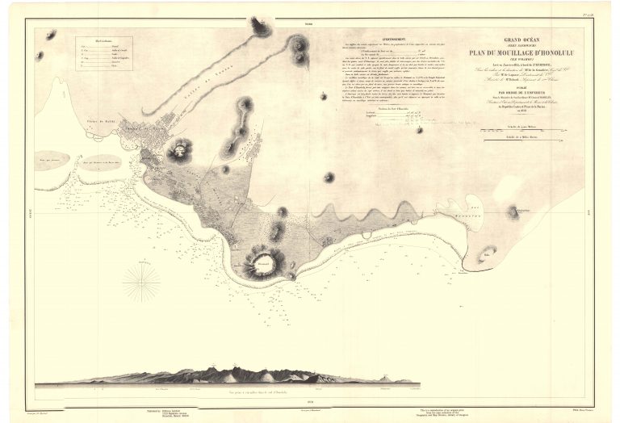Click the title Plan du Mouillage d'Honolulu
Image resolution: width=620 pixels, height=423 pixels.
tap(510, 54)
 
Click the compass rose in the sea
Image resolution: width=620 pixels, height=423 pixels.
tap(142, 283)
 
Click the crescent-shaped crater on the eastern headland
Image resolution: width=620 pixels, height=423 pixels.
tap(513, 212)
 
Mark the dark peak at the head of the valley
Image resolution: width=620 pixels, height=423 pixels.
tap(261, 27)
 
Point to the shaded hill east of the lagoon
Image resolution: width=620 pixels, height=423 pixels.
tap(513, 212)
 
